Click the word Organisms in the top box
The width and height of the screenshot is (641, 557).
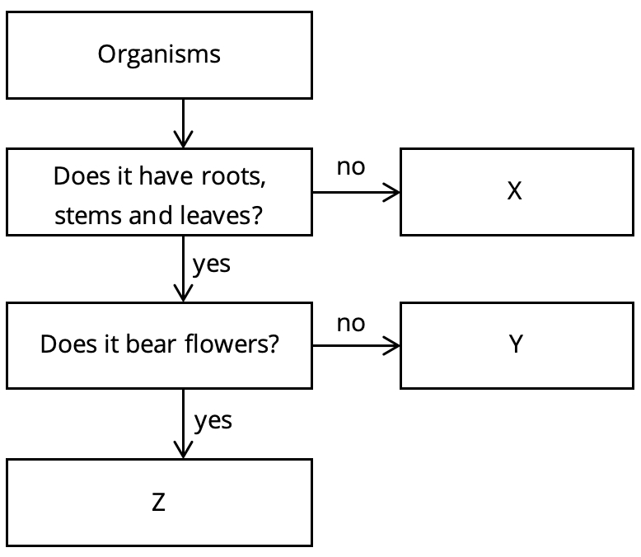click(159, 54)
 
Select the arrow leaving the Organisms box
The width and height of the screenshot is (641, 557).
click(182, 123)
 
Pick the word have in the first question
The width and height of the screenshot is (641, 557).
click(169, 176)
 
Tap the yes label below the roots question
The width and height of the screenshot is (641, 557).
click(211, 264)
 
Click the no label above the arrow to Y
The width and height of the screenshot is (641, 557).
click(350, 322)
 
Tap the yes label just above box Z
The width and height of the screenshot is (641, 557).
click(213, 420)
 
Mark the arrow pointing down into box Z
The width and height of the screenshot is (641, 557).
click(182, 424)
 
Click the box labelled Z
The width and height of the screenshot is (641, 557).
click(159, 502)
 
